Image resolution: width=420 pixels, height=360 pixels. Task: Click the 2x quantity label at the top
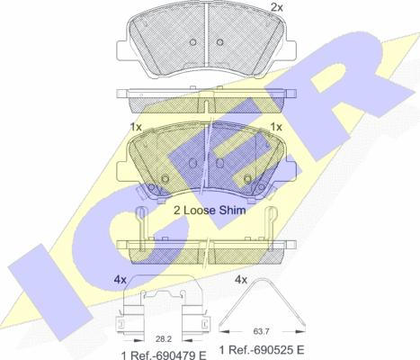(277, 7)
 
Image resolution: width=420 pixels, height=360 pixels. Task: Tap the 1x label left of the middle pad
(136, 127)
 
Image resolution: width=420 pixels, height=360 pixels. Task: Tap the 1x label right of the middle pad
(276, 127)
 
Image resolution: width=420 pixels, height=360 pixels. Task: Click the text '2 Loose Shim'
(210, 211)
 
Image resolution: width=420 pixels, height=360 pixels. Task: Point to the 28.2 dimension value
(164, 339)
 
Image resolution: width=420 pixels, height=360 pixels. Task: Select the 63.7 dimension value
(261, 331)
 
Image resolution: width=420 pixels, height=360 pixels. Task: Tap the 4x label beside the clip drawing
(120, 280)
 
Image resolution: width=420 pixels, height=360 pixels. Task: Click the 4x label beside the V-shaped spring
(241, 280)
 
